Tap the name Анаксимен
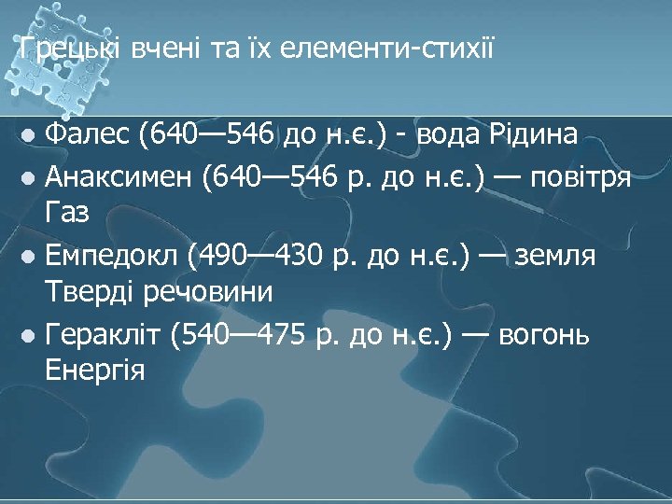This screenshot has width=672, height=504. click(118, 175)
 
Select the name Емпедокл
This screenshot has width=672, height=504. click(117, 255)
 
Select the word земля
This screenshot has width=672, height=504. click(560, 255)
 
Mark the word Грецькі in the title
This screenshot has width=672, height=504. click(65, 47)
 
